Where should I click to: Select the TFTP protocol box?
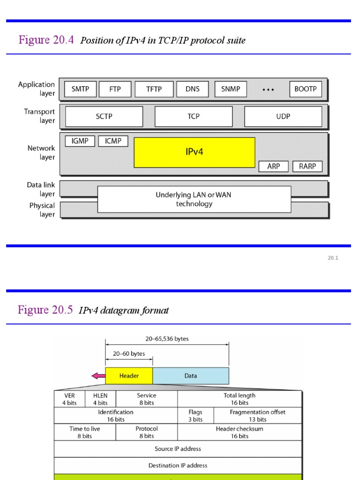coord(154,89)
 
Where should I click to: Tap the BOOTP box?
coord(306,89)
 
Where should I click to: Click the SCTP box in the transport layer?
coord(104,116)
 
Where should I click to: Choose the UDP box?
coord(283,116)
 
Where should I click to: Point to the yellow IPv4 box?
coord(195,152)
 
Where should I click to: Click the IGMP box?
coord(80,141)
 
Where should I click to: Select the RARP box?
coord(307,166)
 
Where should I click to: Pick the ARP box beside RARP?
coord(274,166)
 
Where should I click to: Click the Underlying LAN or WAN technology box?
coord(194,199)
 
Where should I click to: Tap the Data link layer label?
coord(41,189)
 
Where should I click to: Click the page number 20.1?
coord(333,258)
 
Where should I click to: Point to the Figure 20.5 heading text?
coord(45,310)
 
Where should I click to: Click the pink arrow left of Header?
coord(98,375)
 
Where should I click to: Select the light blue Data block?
coord(191,375)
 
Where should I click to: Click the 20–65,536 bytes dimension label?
coord(167,338)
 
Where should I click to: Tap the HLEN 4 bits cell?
coord(100,399)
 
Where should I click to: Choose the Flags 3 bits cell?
coord(195,415)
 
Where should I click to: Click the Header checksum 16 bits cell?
coord(240,432)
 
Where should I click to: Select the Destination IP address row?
coord(178,465)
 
